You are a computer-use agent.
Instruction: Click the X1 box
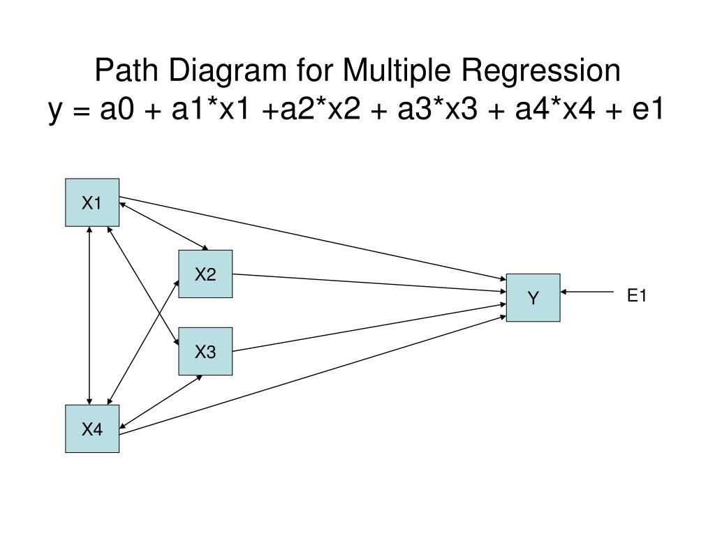pyautogui.click(x=92, y=202)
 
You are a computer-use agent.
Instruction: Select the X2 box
pyautogui.click(x=205, y=274)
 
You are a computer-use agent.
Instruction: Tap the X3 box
pyautogui.click(x=205, y=351)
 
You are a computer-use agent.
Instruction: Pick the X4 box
pyautogui.click(x=92, y=429)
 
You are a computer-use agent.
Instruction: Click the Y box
pyautogui.click(x=533, y=298)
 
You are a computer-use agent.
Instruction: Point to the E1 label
pyautogui.click(x=637, y=296)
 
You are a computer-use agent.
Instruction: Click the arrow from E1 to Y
pyautogui.click(x=587, y=292)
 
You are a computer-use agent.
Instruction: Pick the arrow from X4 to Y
pyautogui.click(x=314, y=375)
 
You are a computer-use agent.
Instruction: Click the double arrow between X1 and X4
pyautogui.click(x=89, y=315)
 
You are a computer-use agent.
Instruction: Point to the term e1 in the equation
pyautogui.click(x=647, y=110)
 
